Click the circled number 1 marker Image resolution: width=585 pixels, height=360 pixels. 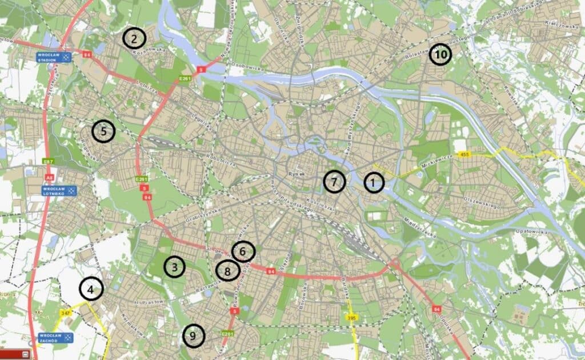[374, 183]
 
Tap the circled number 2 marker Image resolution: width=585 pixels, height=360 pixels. [134, 39]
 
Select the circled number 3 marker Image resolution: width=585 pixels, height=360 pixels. [175, 266]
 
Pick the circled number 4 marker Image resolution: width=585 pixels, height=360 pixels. [91, 289]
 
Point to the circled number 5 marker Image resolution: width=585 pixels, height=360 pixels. [103, 131]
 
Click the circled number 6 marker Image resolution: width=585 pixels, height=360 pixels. [243, 251]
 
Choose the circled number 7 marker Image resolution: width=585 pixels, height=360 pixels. [335, 182]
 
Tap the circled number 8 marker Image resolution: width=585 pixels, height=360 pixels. [227, 271]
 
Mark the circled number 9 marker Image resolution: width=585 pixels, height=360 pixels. [193, 335]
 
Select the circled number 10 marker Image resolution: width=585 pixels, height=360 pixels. [440, 54]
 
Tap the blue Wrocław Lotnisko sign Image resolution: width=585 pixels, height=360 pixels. [58, 190]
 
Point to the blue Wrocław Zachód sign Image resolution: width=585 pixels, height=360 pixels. [55, 337]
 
